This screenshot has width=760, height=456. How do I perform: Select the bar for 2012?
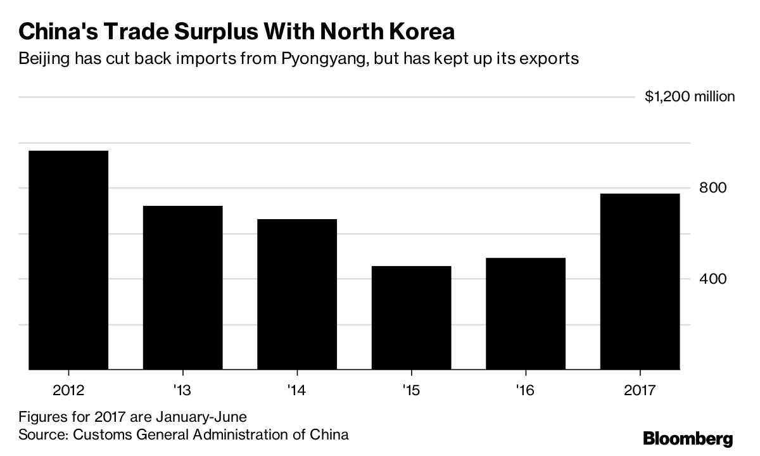(x=68, y=260)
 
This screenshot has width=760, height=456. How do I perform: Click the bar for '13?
(x=182, y=287)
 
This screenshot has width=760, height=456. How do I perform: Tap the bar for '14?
(x=296, y=294)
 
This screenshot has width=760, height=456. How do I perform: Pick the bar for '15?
(x=411, y=317)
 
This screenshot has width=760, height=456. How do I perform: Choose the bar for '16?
(x=525, y=313)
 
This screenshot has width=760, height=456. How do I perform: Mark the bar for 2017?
(x=640, y=281)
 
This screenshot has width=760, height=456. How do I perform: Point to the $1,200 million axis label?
(x=690, y=97)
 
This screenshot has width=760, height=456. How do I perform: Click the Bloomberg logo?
(x=688, y=439)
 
